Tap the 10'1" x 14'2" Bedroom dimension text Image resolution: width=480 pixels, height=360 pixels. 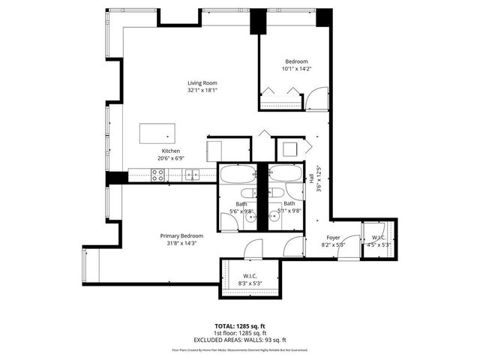point(295,69)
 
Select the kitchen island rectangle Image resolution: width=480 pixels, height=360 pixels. point(157,133)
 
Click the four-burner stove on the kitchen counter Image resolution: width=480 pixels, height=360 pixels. point(158,175)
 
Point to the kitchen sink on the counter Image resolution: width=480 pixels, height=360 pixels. point(192,175)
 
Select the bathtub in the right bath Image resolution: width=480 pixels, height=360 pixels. point(286,174)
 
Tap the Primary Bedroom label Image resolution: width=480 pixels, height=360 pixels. point(181,235)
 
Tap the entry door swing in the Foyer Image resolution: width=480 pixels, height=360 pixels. point(347,248)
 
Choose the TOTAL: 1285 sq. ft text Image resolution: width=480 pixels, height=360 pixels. point(240,326)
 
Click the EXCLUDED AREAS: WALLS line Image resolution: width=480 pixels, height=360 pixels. point(240,340)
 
